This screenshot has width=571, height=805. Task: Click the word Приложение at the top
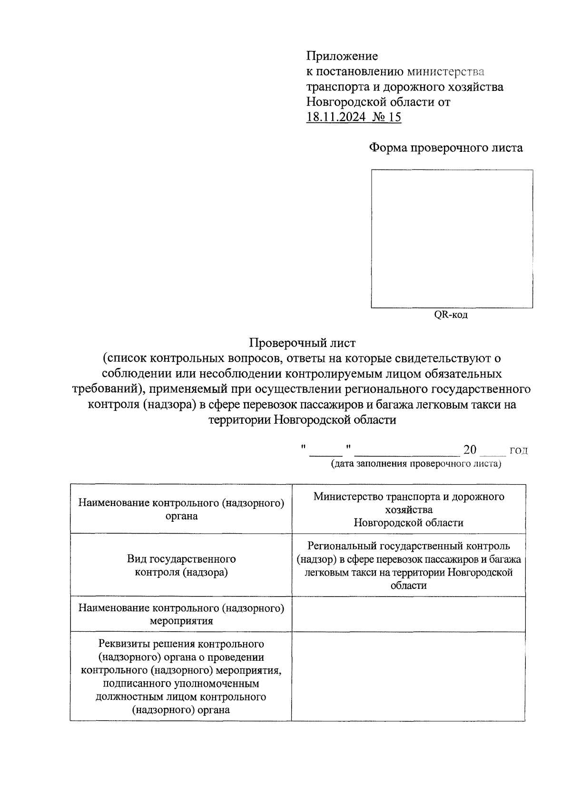[342, 56]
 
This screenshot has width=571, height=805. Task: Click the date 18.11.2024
[336, 117]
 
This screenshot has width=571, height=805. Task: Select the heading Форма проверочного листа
[446, 148]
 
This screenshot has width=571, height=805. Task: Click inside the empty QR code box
[452, 239]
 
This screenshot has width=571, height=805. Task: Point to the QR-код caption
[450, 315]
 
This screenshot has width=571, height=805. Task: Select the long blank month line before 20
[407, 451]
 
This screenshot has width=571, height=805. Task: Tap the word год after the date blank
[518, 451]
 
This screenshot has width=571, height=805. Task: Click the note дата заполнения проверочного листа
[416, 464]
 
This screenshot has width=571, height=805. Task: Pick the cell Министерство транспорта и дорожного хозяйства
[408, 509]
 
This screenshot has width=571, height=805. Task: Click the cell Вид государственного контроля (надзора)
[181, 565]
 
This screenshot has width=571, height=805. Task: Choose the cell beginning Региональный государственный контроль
[408, 566]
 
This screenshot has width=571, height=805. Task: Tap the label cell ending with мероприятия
[181, 614]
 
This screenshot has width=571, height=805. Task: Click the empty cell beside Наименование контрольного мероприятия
[408, 614]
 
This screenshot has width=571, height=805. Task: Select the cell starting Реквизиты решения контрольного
[181, 676]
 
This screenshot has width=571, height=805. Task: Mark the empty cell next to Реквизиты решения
[408, 676]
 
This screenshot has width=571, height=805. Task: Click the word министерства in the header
[445, 72]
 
